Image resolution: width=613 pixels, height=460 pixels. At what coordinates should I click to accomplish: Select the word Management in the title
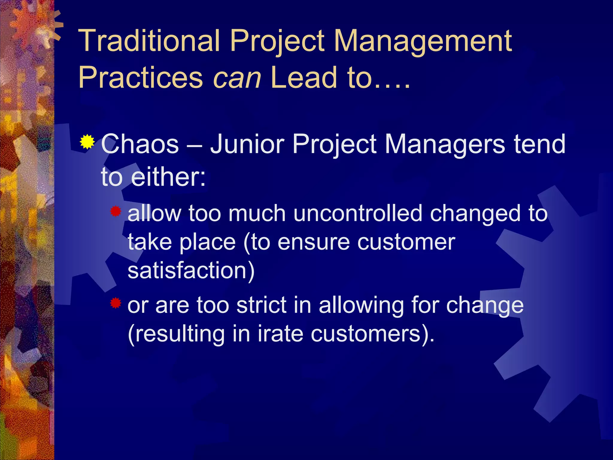pyautogui.click(x=422, y=41)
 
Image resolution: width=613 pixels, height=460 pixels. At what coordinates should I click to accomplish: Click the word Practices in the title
pyautogui.click(x=141, y=78)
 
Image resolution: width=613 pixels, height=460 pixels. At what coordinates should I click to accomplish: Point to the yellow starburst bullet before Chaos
pyautogui.click(x=87, y=142)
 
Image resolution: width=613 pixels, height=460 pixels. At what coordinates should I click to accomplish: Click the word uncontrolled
pyautogui.click(x=358, y=214)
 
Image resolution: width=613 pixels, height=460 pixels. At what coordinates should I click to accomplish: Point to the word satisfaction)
pyautogui.click(x=191, y=270)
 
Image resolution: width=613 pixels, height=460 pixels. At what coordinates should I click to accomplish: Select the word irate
pyautogui.click(x=280, y=334)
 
